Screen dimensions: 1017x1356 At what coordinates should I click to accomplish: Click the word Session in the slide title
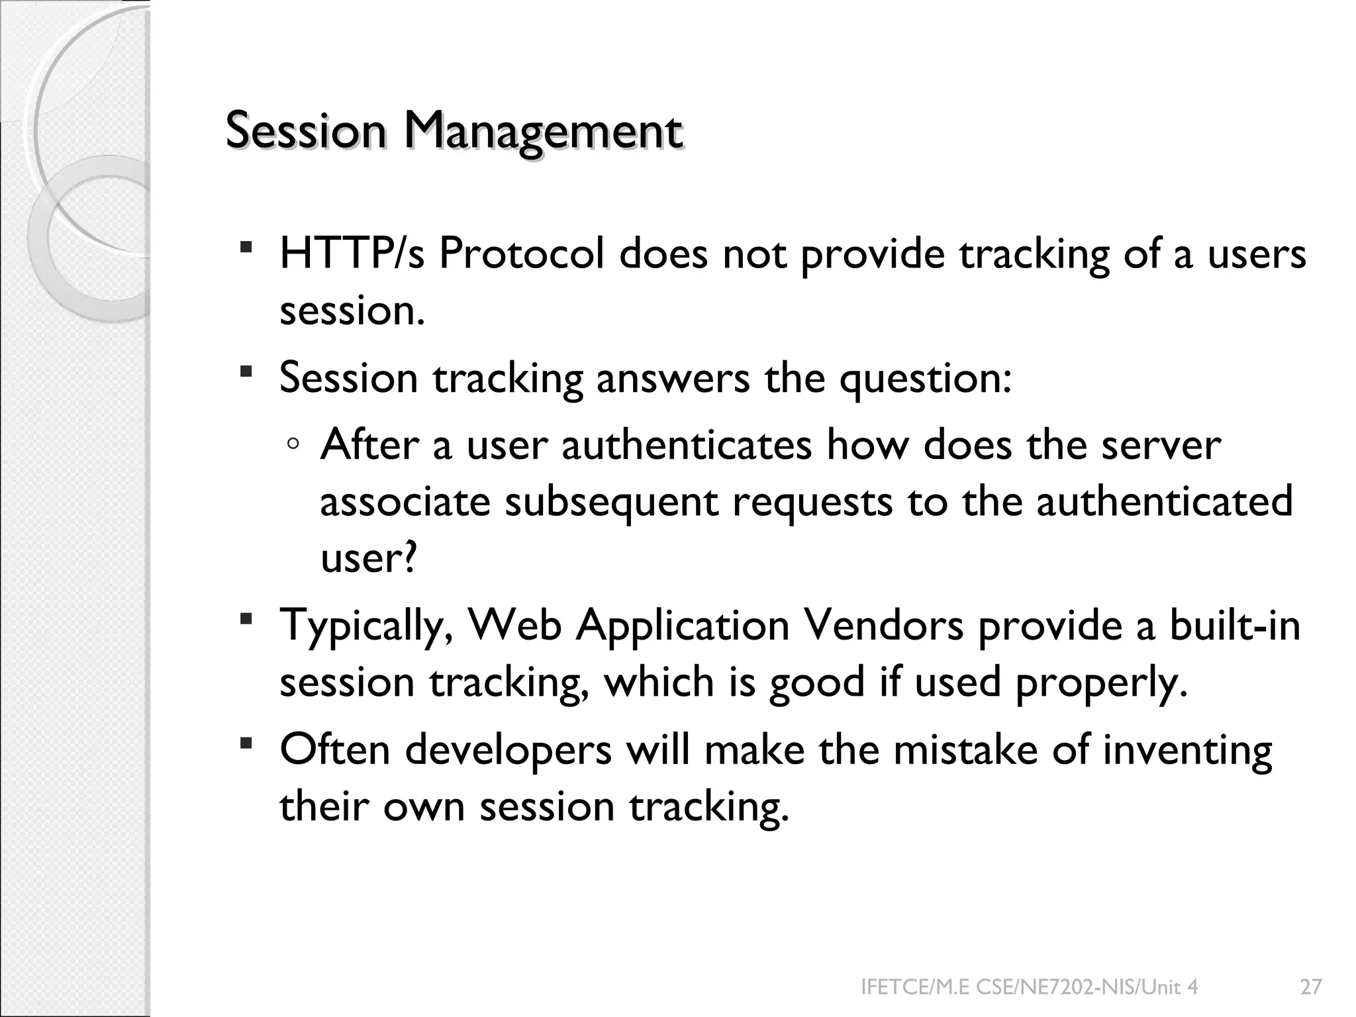(305, 131)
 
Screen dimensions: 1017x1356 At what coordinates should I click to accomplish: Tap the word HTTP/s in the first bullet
(352, 254)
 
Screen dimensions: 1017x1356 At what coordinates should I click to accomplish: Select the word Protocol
(521, 254)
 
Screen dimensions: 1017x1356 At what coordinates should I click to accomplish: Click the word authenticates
(687, 445)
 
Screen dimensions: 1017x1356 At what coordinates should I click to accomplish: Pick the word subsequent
(611, 502)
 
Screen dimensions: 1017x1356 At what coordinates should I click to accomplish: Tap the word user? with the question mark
(369, 558)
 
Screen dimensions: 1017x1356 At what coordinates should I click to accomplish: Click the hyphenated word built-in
(1235, 626)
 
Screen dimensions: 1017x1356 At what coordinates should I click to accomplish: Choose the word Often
(334, 750)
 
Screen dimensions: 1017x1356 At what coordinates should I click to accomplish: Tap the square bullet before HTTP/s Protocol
(246, 248)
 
